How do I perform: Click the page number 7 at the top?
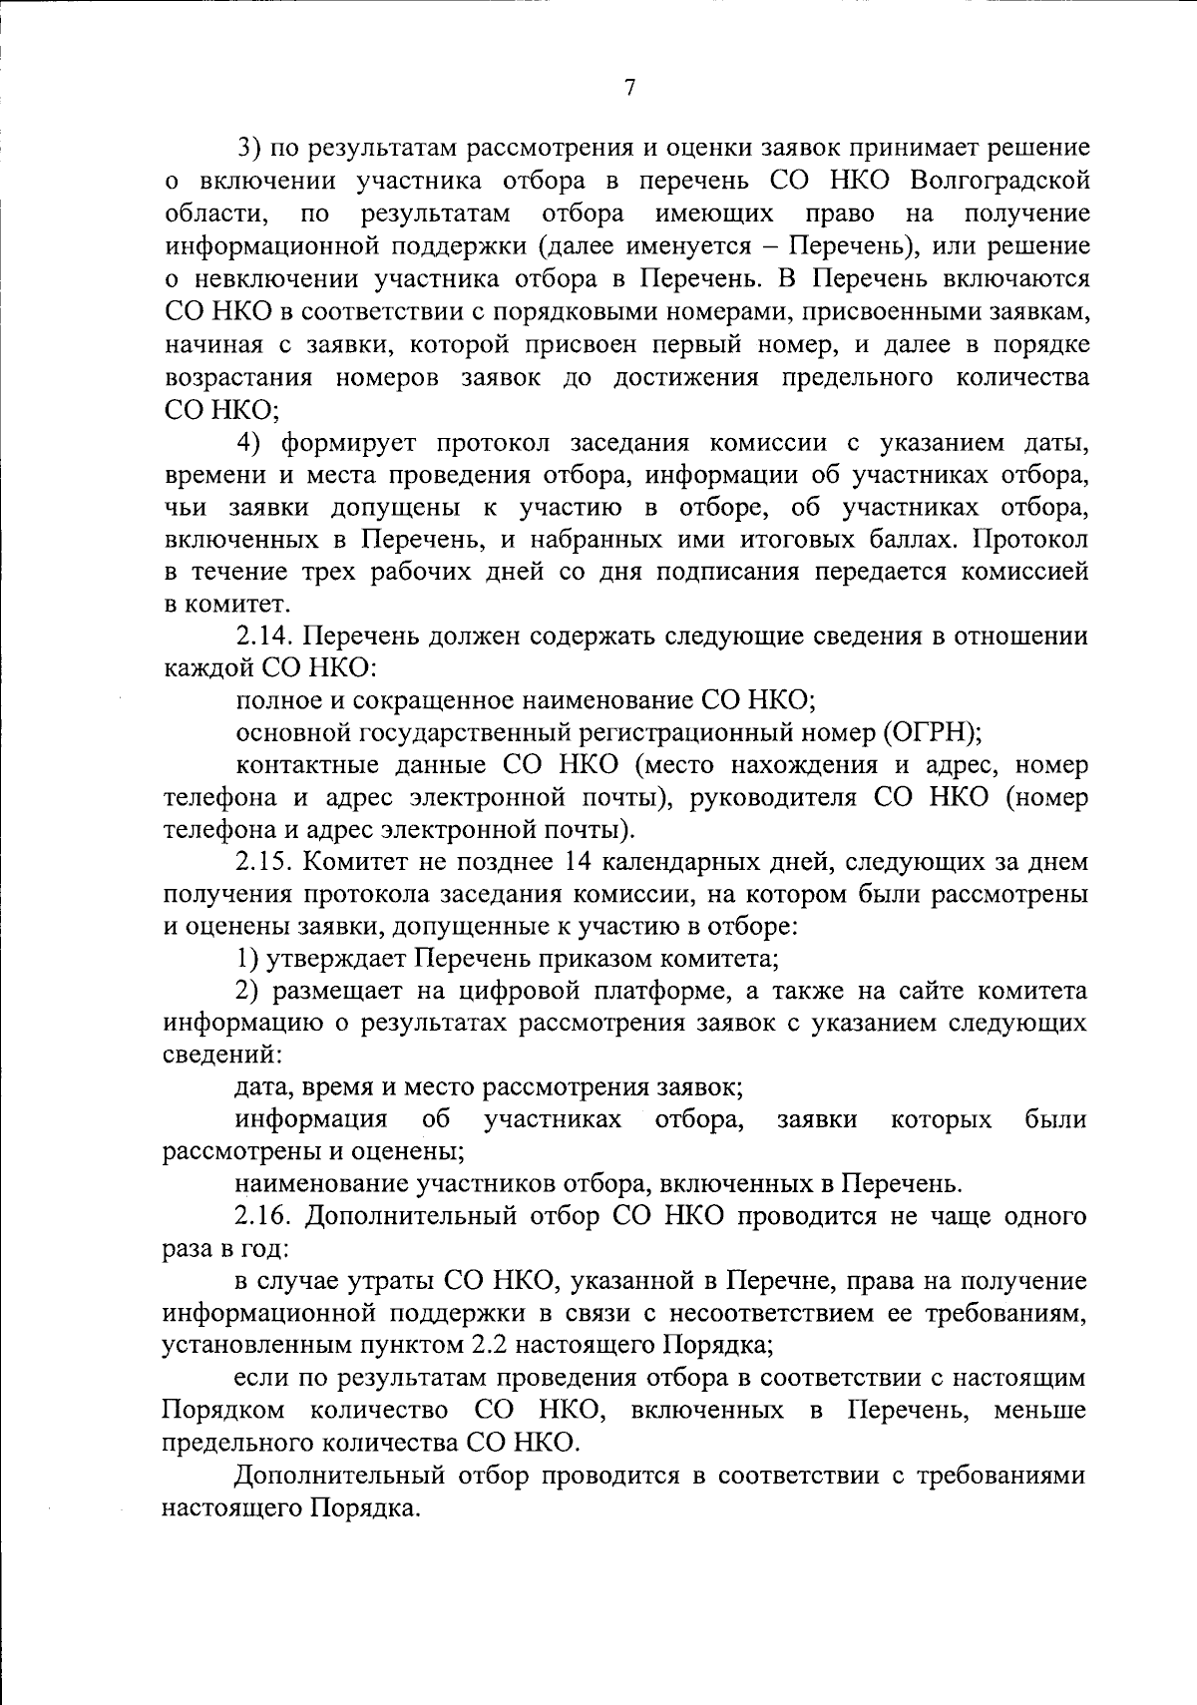pos(629,88)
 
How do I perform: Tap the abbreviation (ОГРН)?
pos(932,732)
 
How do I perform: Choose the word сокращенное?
pos(427,700)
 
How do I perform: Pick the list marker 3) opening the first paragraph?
pos(247,149)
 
